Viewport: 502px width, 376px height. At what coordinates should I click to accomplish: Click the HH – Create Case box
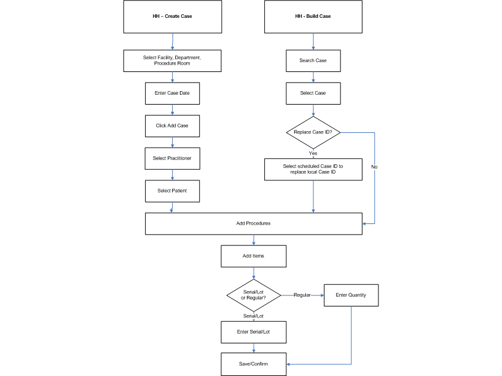point(173,17)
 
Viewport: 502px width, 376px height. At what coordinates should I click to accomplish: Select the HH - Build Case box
point(313,17)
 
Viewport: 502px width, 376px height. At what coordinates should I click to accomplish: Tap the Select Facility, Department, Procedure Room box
point(173,60)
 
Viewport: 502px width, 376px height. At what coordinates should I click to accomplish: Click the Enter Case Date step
point(172,93)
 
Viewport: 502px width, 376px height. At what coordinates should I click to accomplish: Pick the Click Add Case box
point(172,126)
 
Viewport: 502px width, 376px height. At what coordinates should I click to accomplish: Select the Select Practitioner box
point(172,158)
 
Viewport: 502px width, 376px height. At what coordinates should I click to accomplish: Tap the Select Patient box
point(172,191)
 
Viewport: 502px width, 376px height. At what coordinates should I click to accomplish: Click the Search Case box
point(313,60)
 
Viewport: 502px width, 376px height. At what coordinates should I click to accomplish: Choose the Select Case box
point(313,93)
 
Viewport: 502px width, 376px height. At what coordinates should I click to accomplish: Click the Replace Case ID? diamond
point(313,132)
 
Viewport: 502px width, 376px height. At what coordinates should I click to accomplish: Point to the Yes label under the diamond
point(313,153)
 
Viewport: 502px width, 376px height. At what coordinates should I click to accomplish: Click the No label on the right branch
point(374,166)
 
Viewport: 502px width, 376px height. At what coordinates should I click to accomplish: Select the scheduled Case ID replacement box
point(313,170)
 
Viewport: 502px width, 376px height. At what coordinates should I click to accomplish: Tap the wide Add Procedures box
point(253,223)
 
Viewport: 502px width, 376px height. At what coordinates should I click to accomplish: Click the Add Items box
point(253,256)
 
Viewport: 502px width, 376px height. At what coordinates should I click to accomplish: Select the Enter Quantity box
point(351,295)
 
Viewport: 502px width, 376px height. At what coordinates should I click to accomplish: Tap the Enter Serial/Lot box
point(253,332)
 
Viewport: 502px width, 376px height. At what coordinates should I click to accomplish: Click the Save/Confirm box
point(253,363)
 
